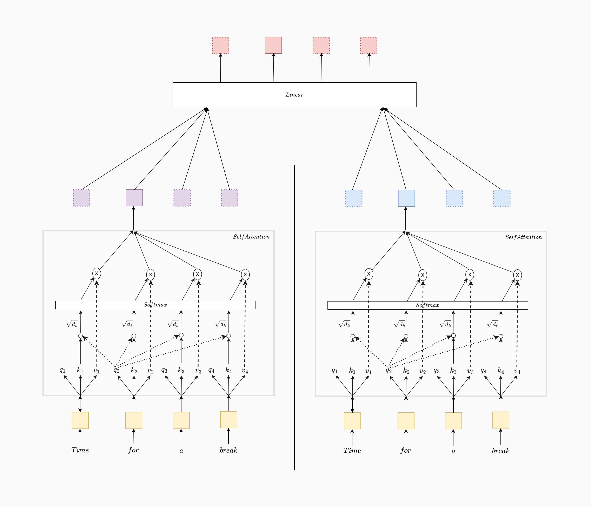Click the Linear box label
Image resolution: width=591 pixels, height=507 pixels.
click(x=294, y=95)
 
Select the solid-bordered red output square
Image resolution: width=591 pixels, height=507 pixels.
click(x=273, y=45)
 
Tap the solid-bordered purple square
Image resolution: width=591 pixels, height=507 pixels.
click(x=134, y=198)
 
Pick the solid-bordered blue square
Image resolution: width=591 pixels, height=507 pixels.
click(x=406, y=198)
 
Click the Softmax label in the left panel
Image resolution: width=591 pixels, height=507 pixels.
click(x=155, y=305)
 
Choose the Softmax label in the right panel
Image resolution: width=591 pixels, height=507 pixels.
click(x=427, y=305)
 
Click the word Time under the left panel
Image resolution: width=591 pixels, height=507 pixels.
click(x=80, y=450)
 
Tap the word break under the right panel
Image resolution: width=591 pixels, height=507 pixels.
click(x=501, y=451)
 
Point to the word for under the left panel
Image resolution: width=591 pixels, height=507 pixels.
click(x=133, y=450)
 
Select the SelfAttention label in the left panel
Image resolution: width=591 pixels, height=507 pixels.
click(x=251, y=237)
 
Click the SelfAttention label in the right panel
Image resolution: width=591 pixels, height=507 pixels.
click(x=523, y=237)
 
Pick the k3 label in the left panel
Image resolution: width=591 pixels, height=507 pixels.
click(x=181, y=370)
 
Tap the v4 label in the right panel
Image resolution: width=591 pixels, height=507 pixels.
click(x=517, y=371)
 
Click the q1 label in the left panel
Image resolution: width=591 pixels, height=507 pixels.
click(x=62, y=370)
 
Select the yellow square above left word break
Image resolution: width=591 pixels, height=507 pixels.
click(x=228, y=419)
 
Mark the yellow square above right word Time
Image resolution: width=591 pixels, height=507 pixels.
click(x=352, y=421)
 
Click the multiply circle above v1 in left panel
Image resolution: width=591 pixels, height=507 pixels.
click(x=97, y=273)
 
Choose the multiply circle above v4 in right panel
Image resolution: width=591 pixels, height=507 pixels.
click(x=517, y=275)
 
